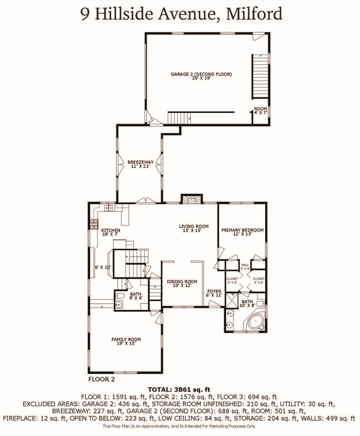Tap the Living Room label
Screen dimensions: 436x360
point(194,228)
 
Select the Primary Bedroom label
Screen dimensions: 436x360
point(242,232)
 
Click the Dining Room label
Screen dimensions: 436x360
point(182,284)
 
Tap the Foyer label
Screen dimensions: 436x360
point(214,293)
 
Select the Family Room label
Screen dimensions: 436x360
point(126,341)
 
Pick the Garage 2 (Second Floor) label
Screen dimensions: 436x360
point(202,76)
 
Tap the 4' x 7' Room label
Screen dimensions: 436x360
point(260,110)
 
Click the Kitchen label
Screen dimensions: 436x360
point(110,232)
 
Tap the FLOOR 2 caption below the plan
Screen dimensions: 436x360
point(102,378)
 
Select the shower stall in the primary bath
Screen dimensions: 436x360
point(231,300)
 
